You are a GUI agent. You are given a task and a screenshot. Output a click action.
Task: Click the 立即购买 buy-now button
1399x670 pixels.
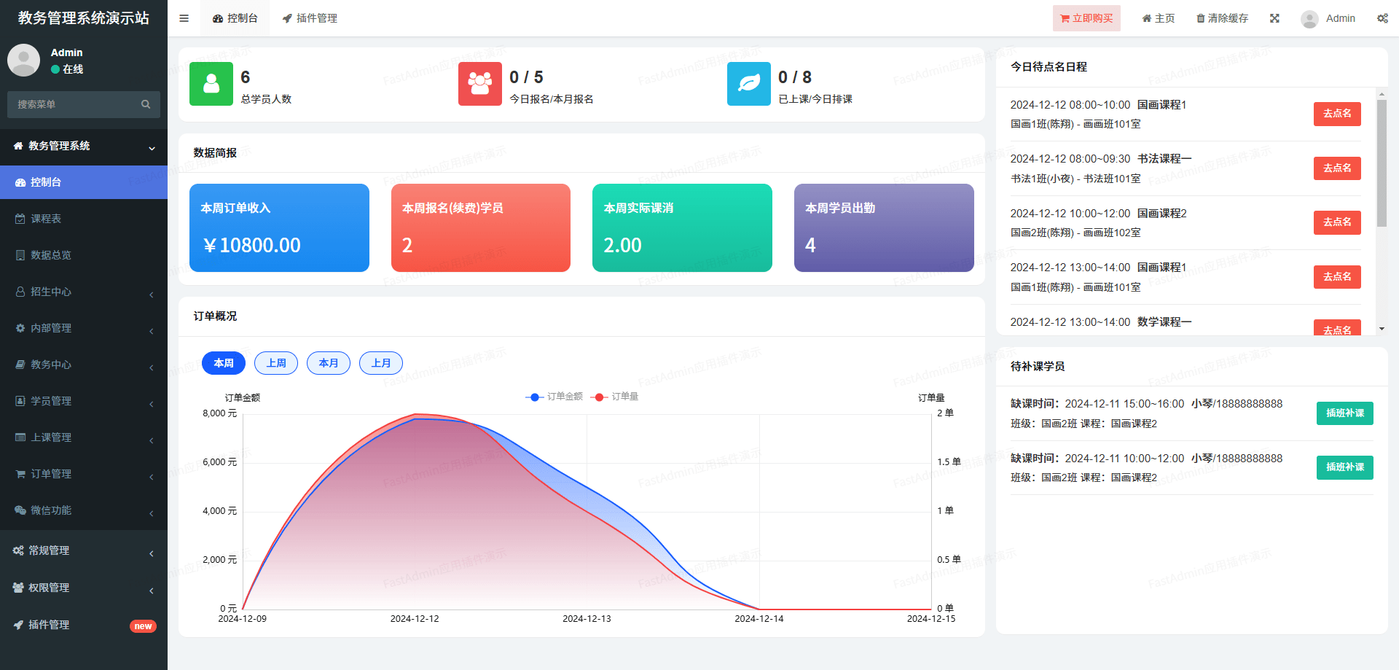[1086, 18]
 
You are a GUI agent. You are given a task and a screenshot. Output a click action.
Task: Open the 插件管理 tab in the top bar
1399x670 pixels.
[310, 18]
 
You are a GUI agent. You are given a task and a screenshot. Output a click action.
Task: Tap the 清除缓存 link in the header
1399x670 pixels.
[1222, 18]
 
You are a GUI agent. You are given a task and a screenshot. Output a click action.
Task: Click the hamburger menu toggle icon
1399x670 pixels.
[184, 18]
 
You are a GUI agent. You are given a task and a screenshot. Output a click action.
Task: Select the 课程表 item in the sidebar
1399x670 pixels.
[46, 219]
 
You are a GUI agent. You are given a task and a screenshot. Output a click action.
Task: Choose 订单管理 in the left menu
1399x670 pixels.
[51, 474]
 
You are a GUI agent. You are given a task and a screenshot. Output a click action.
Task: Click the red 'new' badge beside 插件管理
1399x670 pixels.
[143, 626]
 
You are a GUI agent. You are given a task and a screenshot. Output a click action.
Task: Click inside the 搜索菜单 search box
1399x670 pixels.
[77, 104]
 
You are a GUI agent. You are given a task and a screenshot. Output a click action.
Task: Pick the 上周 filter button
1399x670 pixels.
[276, 363]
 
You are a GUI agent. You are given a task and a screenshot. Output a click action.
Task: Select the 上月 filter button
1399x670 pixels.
[381, 363]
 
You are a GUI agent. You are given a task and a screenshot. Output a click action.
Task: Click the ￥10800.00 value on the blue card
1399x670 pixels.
[252, 246]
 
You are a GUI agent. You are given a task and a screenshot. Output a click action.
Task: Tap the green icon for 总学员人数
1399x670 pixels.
[211, 84]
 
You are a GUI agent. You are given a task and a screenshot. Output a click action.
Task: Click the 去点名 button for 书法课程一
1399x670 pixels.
[1337, 168]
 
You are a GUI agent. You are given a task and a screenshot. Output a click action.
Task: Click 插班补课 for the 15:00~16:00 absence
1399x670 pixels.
[1344, 413]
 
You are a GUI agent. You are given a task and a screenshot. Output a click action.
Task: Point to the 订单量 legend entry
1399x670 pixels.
[617, 397]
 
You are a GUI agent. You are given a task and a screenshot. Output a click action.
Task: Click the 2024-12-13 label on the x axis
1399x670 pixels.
[587, 619]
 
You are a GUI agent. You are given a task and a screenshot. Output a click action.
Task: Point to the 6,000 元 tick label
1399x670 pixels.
[219, 462]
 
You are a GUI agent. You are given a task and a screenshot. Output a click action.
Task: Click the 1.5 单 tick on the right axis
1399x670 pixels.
[949, 462]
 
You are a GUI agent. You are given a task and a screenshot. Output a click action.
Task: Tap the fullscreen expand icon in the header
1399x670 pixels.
[1274, 18]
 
